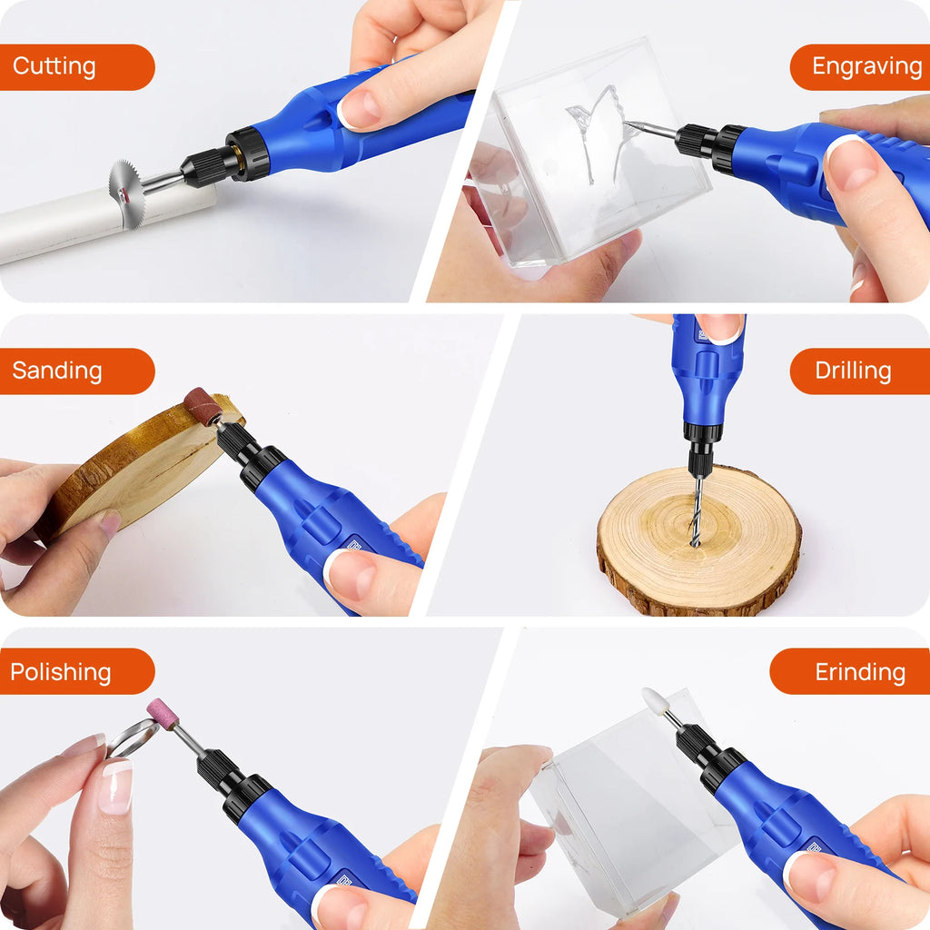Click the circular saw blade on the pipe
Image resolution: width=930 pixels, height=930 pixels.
[x=126, y=192]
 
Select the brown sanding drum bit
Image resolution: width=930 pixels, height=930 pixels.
[x=202, y=406]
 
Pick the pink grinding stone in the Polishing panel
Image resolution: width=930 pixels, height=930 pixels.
[x=163, y=713]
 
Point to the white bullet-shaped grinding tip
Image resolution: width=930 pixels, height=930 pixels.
[x=655, y=700]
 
